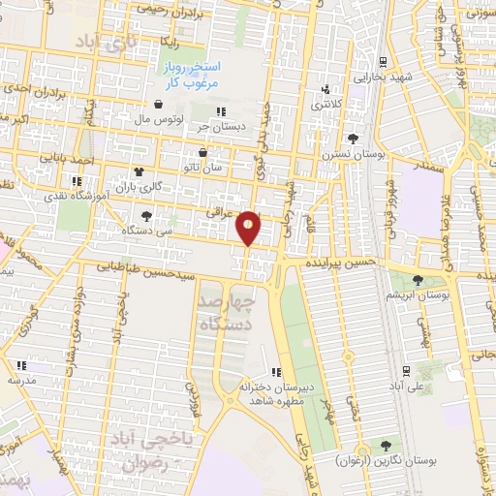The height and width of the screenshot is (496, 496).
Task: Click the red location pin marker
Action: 249,228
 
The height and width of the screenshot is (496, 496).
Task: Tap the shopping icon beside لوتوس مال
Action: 157,105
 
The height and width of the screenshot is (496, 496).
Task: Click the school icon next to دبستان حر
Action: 221,111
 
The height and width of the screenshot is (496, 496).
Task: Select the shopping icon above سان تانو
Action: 202,152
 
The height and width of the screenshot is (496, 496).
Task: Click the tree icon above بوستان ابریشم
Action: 418,280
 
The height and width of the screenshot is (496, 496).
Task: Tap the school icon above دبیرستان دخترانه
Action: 276,371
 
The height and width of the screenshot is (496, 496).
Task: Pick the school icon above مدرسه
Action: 21,366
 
